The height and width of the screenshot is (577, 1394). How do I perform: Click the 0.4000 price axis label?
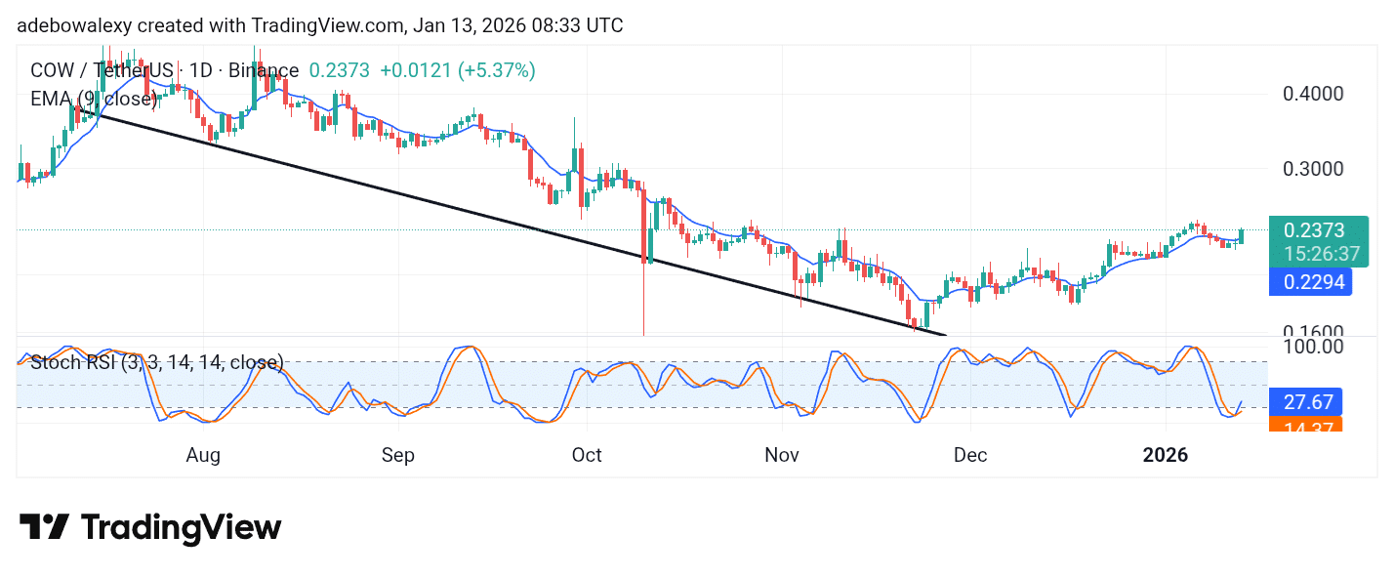[1314, 95]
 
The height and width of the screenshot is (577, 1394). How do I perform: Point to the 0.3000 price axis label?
[1314, 168]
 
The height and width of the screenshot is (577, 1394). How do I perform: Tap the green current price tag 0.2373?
[1314, 231]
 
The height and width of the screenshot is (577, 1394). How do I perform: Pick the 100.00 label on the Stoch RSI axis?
[1314, 347]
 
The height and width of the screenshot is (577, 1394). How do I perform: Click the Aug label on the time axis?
[202, 455]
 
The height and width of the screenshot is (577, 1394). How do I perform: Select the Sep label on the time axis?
[398, 455]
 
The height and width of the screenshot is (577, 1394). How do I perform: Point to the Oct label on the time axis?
[587, 455]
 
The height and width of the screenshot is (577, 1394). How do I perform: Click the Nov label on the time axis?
[782, 455]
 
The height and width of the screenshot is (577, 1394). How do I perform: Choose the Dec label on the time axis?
[970, 455]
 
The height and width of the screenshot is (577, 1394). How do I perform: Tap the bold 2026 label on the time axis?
[1166, 455]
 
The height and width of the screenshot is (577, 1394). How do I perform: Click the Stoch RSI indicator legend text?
[156, 363]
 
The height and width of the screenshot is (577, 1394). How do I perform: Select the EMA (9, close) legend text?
[94, 98]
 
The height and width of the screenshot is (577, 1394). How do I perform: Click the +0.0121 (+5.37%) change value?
[457, 70]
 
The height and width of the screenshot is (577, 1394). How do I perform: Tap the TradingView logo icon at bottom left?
[44, 528]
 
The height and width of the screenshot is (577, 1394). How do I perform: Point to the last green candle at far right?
[1242, 235]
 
